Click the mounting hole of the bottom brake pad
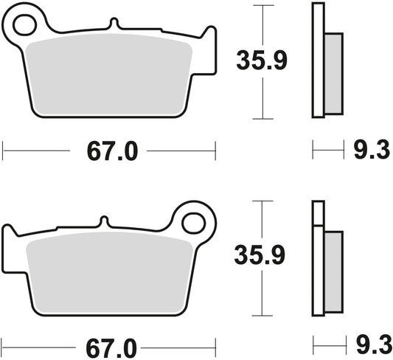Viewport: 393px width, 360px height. coord(194,222)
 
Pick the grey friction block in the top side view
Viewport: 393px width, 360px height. coord(333,71)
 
